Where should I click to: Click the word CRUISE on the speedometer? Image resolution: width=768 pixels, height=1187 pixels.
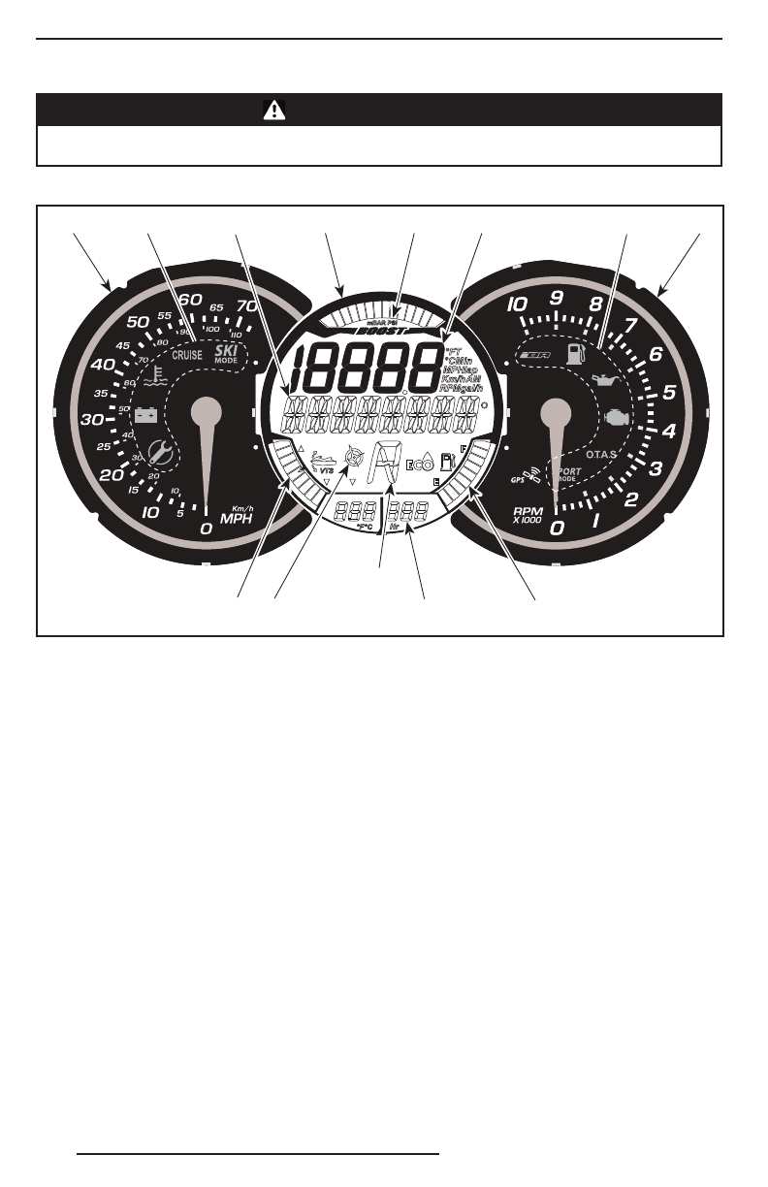point(187,355)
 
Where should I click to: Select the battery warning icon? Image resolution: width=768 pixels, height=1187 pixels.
point(146,415)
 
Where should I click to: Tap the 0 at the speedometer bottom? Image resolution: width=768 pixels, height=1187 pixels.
point(206,529)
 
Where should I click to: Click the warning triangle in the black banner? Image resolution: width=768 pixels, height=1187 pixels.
point(274,110)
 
